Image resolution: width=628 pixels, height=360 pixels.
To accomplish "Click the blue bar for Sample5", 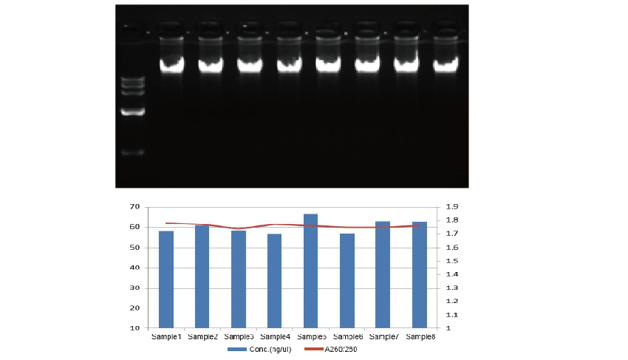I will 311,271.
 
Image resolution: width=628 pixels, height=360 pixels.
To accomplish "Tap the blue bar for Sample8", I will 420,274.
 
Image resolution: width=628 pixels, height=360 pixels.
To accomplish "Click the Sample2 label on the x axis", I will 202,336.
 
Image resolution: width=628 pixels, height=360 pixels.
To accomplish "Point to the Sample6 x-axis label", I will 347,336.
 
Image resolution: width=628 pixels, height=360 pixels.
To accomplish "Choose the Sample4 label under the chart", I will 275,336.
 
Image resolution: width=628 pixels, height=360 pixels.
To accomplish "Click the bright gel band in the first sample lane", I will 171,64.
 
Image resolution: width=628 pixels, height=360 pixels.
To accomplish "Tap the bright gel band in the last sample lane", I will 446,64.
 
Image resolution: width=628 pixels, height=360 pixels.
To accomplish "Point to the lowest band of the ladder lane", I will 134,153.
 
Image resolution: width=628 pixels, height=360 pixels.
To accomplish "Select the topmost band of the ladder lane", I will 134,78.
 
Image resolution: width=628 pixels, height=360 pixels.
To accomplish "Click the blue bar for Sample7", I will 383,274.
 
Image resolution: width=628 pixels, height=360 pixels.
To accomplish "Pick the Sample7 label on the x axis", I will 383,336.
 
